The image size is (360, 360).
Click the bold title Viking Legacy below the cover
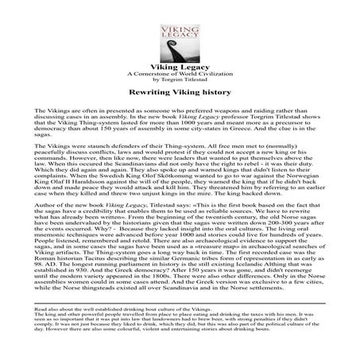[x=180, y=68]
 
